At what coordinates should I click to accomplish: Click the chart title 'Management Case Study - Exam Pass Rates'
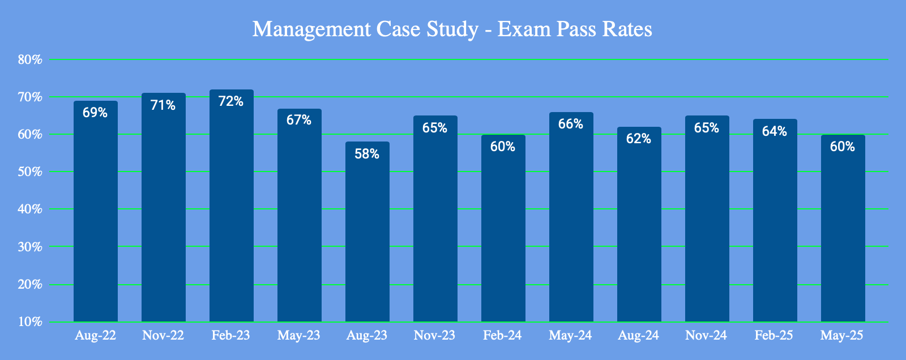click(x=452, y=29)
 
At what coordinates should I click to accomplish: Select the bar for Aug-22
click(x=96, y=215)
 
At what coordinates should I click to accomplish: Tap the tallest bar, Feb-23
click(x=232, y=209)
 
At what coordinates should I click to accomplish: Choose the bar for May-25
click(x=843, y=229)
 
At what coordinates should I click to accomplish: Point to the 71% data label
click(x=163, y=105)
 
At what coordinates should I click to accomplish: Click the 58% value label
click(x=367, y=153)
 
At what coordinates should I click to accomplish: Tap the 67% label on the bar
click(x=299, y=120)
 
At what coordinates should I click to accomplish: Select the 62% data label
click(x=639, y=139)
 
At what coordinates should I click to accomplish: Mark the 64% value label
click(x=775, y=131)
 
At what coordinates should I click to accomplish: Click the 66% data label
click(x=571, y=124)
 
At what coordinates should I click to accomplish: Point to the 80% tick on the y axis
click(x=30, y=59)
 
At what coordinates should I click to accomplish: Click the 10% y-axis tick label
click(x=30, y=322)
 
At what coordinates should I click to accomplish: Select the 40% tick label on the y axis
click(x=30, y=209)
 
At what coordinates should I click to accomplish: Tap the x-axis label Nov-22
click(x=163, y=336)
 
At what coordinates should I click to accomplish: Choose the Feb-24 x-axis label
click(x=503, y=336)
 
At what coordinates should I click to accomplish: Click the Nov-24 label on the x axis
click(x=706, y=336)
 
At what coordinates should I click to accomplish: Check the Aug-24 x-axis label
click(x=638, y=336)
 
